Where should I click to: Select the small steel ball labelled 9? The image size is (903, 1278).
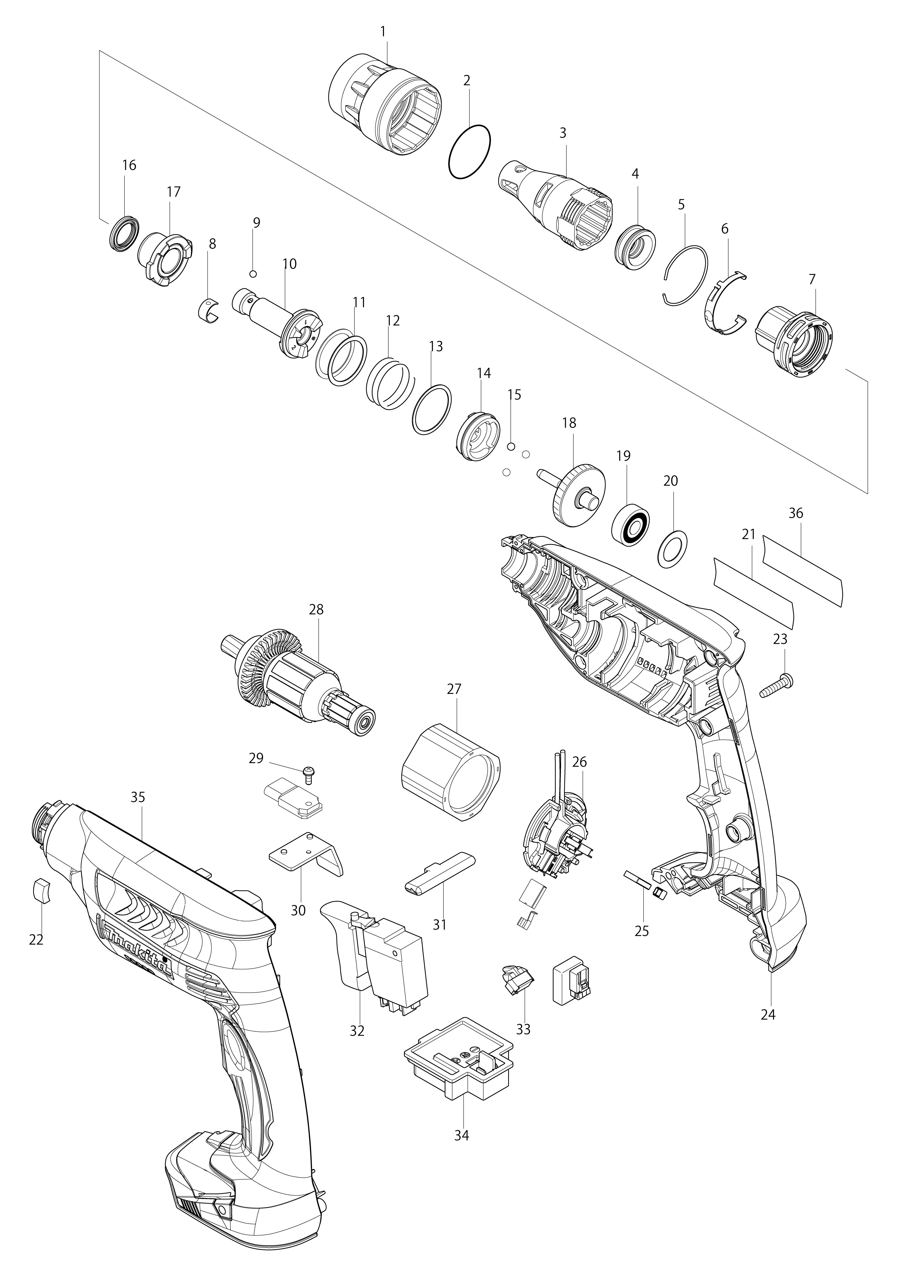pyautogui.click(x=253, y=273)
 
